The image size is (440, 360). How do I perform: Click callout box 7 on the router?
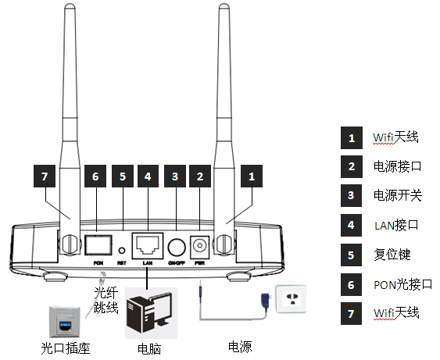click(x=46, y=177)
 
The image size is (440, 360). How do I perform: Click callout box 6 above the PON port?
click(x=95, y=177)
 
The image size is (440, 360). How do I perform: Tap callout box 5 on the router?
click(x=122, y=177)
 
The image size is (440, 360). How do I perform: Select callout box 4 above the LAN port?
click(x=148, y=177)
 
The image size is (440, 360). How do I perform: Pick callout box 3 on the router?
click(x=176, y=177)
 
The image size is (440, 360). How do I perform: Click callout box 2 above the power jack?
click(x=201, y=177)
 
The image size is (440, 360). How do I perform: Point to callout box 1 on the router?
click(x=252, y=177)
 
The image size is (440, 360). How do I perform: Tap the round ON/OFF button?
click(x=177, y=247)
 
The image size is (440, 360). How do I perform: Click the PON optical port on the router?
click(x=97, y=245)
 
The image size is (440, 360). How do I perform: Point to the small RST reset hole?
click(x=122, y=251)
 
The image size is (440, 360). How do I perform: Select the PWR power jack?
click(x=201, y=246)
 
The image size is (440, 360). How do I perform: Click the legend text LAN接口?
click(x=396, y=225)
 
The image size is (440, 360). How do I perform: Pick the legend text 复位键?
click(x=392, y=255)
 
